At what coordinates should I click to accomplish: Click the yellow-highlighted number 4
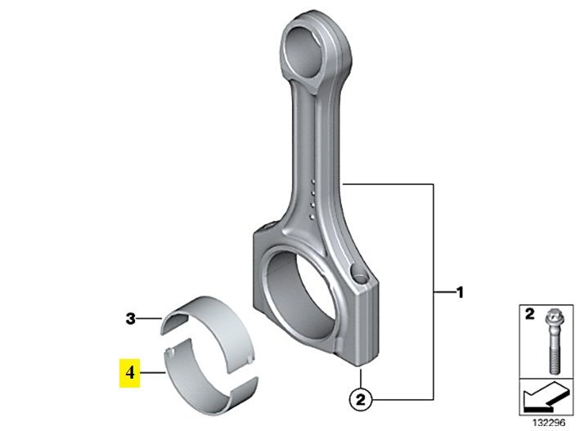tap(129, 372)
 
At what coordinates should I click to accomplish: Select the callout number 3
tap(130, 319)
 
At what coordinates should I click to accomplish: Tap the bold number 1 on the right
tap(460, 293)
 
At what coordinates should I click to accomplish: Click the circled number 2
tap(361, 400)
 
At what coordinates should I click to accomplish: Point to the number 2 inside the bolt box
tap(530, 314)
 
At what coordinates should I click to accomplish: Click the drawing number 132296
tap(549, 423)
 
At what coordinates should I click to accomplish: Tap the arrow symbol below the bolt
tap(546, 397)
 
